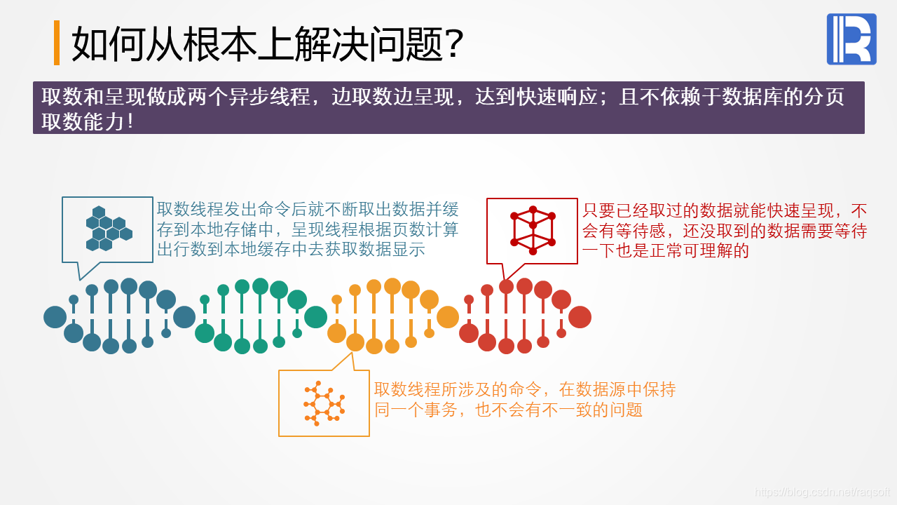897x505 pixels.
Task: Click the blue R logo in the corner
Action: pyautogui.click(x=851, y=39)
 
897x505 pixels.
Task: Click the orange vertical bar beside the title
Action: pyautogui.click(x=57, y=43)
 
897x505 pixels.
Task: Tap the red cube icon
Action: pyautogui.click(x=533, y=230)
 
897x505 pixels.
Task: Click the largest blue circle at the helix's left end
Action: pyautogui.click(x=55, y=317)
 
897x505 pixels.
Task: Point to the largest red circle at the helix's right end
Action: pyautogui.click(x=580, y=317)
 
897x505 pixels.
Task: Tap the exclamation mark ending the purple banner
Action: pyautogui.click(x=130, y=122)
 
